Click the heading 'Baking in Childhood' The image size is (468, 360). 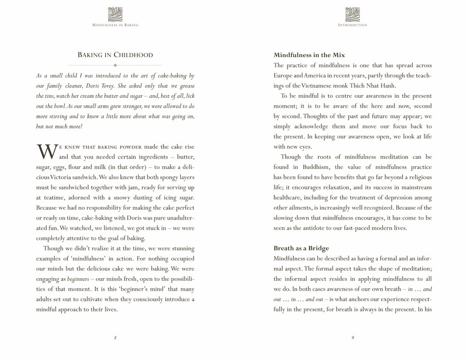tap(115, 55)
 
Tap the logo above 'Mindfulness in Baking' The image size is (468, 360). tap(115, 14)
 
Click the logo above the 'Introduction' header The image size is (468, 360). tap(352, 14)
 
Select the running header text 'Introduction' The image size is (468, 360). tap(352, 25)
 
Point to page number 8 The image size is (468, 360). tap(115, 338)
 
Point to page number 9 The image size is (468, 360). tap(352, 338)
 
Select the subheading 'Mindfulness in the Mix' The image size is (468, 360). tap(309, 55)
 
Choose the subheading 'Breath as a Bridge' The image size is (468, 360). tap(301, 248)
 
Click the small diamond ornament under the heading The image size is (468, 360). tap(115, 66)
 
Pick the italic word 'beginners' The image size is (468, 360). tap(78, 279)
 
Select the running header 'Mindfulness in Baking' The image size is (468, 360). tap(115, 25)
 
